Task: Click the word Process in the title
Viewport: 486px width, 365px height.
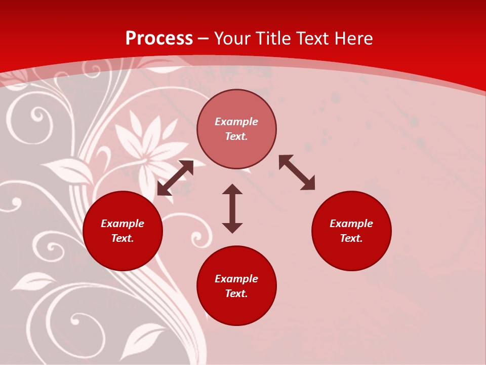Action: click(159, 39)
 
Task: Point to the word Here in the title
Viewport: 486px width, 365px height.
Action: click(353, 39)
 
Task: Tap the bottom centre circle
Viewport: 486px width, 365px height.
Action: click(236, 309)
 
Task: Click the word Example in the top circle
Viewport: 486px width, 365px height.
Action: click(236, 122)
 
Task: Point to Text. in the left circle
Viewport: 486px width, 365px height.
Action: click(123, 238)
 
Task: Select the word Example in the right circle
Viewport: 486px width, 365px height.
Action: click(351, 224)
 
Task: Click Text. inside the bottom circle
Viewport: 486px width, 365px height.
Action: click(236, 294)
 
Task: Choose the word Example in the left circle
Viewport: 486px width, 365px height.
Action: click(123, 224)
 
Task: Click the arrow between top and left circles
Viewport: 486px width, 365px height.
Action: click(175, 178)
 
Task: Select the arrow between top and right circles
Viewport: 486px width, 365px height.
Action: click(297, 172)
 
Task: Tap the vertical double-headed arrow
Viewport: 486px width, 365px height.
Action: click(232, 208)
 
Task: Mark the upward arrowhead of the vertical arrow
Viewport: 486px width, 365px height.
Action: click(232, 189)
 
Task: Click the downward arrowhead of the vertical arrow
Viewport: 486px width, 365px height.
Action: click(232, 228)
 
